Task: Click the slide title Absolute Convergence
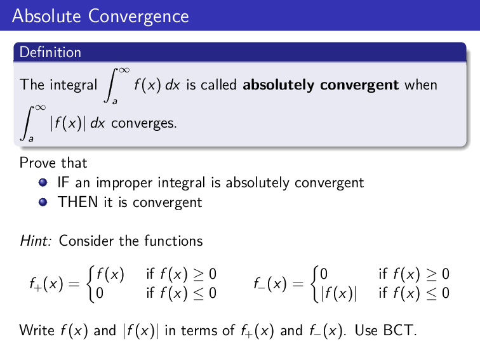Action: click(100, 15)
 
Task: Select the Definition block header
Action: click(50, 52)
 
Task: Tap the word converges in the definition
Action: click(143, 123)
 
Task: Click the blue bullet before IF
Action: click(43, 183)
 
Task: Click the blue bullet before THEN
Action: click(43, 203)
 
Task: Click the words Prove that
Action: click(53, 163)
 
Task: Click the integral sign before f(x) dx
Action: click(112, 84)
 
